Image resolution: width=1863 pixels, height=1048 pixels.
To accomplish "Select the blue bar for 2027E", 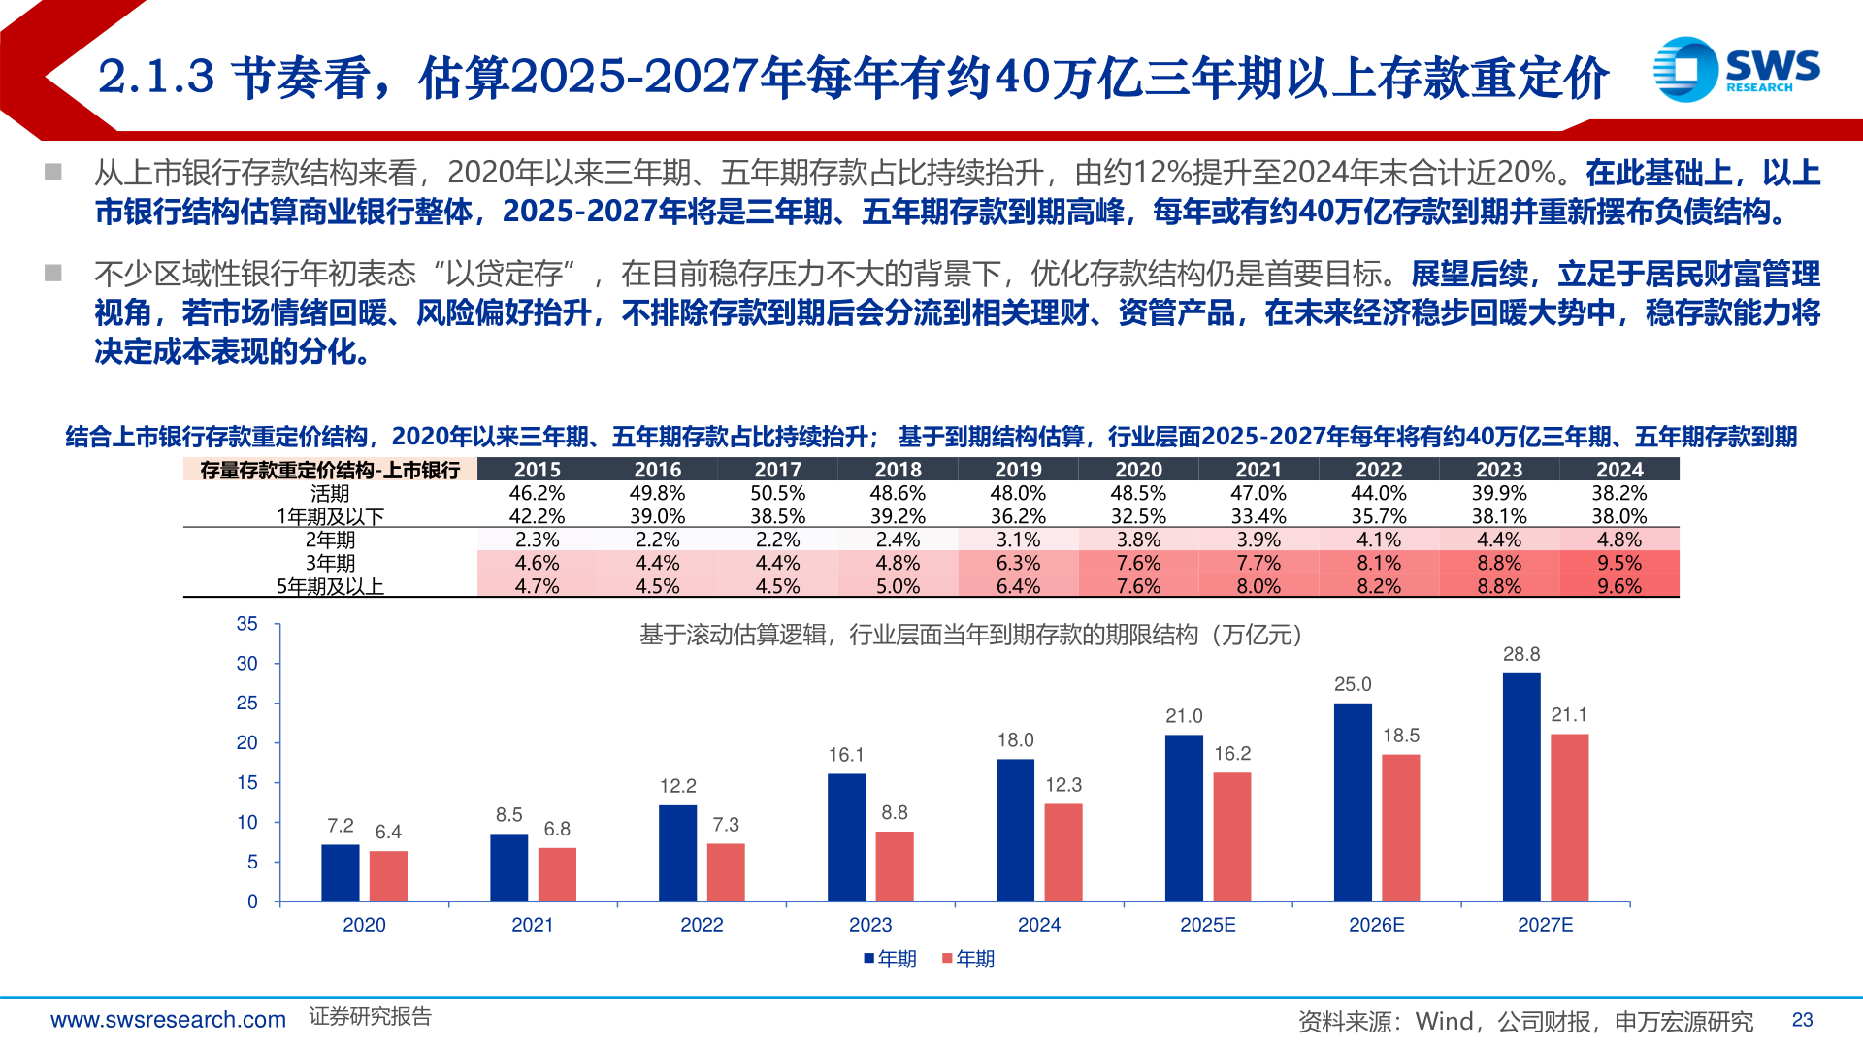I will pos(1520,787).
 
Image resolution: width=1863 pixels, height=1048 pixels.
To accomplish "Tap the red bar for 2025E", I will pos(1231,836).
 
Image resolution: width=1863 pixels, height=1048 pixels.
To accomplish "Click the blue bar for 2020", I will pos(340,872).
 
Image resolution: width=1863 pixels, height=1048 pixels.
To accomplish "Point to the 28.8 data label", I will pos(1520,655).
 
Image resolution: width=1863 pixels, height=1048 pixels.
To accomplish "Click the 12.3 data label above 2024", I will pos(1062,785).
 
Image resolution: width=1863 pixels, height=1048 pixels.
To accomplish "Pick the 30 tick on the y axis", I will pos(247,664).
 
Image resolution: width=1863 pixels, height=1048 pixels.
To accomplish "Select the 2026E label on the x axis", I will pos(1376,925).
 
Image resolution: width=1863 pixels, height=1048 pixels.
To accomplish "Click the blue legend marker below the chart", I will pos(869,959).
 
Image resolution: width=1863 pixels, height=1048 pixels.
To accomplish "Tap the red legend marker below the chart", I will pos(947,959).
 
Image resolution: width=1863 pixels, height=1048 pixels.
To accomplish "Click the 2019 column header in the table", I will pos(1018,470).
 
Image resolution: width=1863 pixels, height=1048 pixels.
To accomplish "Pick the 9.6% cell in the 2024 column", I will pos(1618,586).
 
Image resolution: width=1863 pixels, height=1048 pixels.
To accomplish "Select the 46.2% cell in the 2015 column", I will pos(537,493).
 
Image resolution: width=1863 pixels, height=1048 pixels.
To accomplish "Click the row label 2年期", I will pos(330,540).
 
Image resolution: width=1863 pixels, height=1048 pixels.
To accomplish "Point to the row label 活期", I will pos(330,493).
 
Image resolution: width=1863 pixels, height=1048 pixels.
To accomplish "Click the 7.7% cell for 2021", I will pos(1258,563).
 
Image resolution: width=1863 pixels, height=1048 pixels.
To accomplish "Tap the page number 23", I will pos(1802,1020).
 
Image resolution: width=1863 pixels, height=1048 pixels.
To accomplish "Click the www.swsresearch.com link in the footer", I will pos(168,1020).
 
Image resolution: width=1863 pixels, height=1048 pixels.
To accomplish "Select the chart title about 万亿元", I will pos(970,635).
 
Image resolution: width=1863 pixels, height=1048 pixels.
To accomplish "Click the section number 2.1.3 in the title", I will pos(156,78).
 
